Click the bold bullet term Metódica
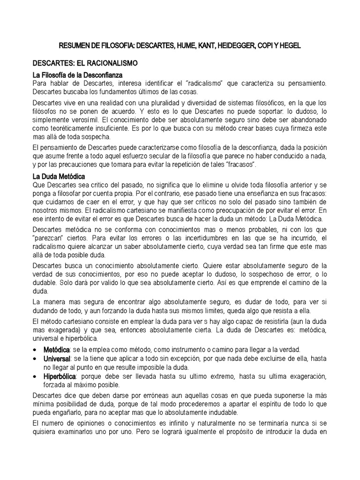tap(56, 350)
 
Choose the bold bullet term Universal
tap(57, 359)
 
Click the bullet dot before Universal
tap(36, 359)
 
